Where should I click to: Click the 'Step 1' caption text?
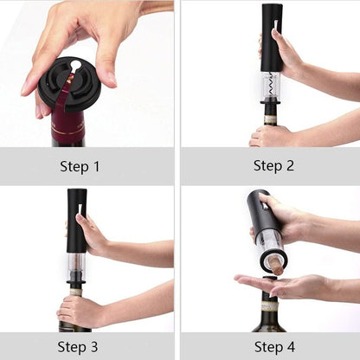80,165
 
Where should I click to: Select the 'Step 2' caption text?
273,164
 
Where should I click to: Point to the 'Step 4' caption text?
273,346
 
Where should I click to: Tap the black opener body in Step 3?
77,221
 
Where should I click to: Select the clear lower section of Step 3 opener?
76,269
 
